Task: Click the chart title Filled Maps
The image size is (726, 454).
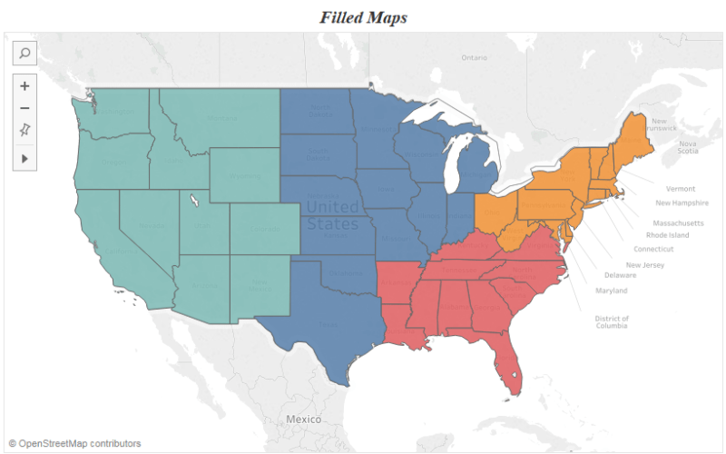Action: tap(362, 16)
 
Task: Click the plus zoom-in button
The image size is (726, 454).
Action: tap(25, 86)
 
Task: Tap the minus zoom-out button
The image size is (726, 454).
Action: tap(25, 109)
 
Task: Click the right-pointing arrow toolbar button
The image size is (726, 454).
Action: tap(25, 158)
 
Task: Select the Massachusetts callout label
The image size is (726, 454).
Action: tap(678, 222)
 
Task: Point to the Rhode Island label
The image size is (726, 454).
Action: tap(667, 235)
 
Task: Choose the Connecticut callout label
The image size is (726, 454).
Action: tap(653, 249)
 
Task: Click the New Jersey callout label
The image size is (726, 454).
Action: tap(645, 264)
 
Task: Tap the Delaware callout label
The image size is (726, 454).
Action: tap(621, 275)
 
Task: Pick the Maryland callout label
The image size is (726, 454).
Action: tap(611, 291)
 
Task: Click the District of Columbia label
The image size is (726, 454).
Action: tap(612, 322)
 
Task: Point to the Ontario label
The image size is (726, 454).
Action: tap(474, 57)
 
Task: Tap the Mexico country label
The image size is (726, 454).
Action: tap(303, 419)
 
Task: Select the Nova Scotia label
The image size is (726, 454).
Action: tap(688, 148)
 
